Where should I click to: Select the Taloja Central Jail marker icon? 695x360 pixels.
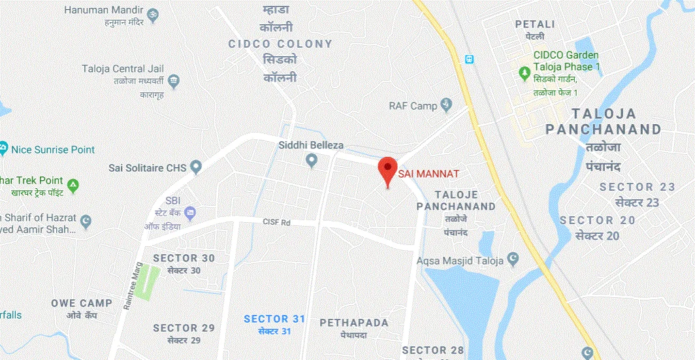click(x=173, y=82)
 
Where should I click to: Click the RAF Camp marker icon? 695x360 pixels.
click(x=447, y=105)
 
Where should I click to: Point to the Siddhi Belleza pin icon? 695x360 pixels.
click(x=312, y=159)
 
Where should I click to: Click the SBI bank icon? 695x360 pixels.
click(x=190, y=212)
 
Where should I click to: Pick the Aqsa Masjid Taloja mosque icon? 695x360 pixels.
click(x=514, y=260)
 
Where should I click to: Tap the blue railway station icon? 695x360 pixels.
click(x=468, y=59)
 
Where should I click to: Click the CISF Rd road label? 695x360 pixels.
click(x=276, y=223)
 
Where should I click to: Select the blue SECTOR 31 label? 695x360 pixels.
click(x=274, y=319)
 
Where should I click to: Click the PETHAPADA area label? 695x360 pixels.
click(x=354, y=323)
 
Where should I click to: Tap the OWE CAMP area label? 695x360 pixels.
click(x=82, y=303)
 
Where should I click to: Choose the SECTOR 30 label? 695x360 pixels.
click(x=184, y=258)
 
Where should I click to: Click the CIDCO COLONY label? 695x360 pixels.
click(x=280, y=44)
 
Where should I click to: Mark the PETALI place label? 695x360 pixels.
click(x=535, y=24)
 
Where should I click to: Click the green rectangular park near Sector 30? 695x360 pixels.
click(x=148, y=282)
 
